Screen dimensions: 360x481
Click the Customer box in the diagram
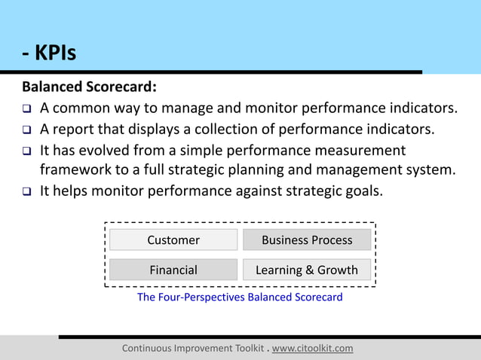tap(173, 240)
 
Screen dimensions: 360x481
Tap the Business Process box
tap(306, 240)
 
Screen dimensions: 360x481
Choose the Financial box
tap(173, 270)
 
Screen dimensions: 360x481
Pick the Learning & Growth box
tap(306, 270)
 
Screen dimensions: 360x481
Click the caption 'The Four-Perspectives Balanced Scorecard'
tap(240, 297)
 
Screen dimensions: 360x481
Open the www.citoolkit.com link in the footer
tap(312, 349)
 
